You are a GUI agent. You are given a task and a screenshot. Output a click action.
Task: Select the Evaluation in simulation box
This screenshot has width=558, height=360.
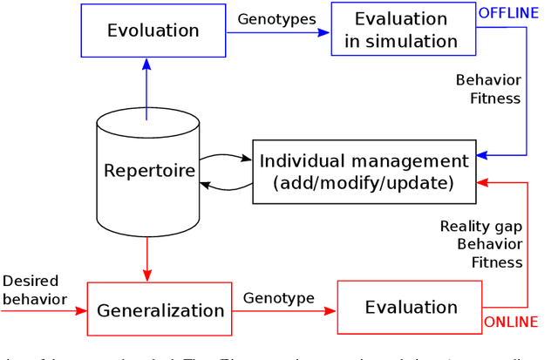point(395,30)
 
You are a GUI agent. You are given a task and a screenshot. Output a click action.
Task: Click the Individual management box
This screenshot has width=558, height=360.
point(365,172)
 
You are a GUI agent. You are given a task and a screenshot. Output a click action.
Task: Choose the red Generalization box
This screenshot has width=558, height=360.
point(160,309)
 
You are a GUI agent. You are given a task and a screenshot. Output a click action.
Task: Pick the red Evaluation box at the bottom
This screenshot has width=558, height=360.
point(411,308)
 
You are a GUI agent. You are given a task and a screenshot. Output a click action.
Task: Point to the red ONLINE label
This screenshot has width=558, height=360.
point(512,323)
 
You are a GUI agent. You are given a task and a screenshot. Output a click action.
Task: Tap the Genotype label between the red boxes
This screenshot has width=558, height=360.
point(279,298)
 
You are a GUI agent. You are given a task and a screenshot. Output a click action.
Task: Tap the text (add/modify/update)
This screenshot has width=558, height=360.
point(364,183)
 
